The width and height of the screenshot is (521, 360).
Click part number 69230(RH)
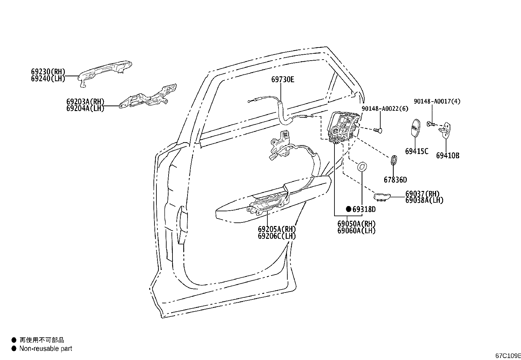[x=48, y=72]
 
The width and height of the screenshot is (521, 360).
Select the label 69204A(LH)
[x=85, y=108]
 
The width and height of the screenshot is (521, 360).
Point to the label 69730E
[x=282, y=79]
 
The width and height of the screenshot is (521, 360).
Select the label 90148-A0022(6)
[x=385, y=108]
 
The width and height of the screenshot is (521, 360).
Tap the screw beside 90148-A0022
[x=378, y=130]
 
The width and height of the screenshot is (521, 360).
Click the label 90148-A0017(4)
[x=437, y=102]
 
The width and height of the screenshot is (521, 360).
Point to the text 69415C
[x=416, y=151]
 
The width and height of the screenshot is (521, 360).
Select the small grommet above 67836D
[x=394, y=161]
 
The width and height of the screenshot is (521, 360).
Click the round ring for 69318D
[x=362, y=166]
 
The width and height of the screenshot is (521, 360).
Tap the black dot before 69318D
[x=349, y=209]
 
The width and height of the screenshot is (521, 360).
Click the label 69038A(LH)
[x=424, y=200]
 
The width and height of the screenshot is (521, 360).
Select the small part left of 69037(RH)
[x=382, y=196]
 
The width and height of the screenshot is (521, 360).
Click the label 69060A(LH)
[x=356, y=231]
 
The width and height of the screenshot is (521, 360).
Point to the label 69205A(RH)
[x=277, y=229]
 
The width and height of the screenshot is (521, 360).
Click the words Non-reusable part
[x=45, y=349]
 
